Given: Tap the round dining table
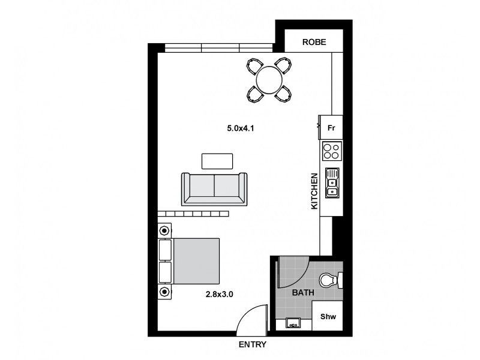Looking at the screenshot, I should pos(268,79).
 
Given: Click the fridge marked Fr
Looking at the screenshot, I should pos(331,128).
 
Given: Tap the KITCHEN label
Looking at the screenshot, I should pos(314,191).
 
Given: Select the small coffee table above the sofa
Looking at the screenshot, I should pos(217,161).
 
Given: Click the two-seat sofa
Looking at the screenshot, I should pos(214,188).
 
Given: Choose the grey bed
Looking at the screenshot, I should pos(195,262).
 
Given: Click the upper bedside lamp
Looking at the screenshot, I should pos(164,230).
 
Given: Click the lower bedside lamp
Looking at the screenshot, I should pos(164,292).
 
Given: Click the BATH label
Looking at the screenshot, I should pos(302,293).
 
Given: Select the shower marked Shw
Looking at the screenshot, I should pos(327,316).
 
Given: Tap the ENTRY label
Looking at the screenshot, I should pos(252,345).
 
